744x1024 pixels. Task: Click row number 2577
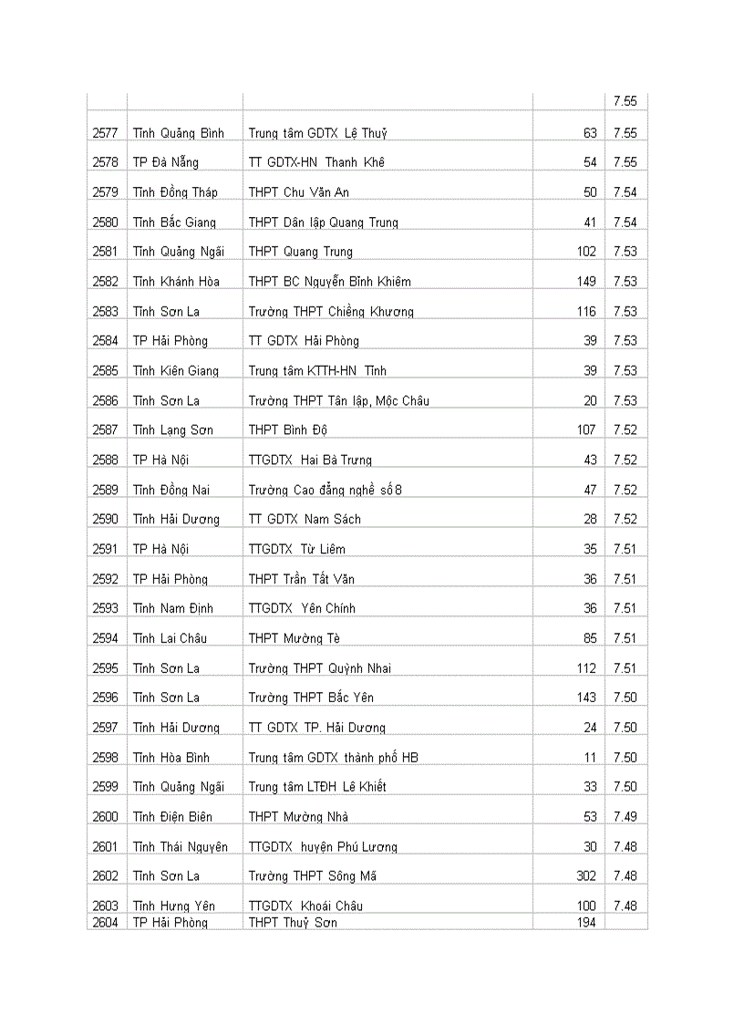coord(106,133)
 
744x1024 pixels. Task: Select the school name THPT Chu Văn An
coord(298,192)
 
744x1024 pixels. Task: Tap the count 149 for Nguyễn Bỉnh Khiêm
coord(585,282)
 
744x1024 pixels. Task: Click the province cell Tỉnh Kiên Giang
coord(176,371)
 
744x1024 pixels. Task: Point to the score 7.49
coord(625,817)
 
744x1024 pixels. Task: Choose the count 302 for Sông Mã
coord(585,876)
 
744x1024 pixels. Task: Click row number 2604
coord(106,923)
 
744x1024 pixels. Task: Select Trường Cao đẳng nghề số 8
coord(325,491)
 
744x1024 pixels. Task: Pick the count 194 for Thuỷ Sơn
coord(585,923)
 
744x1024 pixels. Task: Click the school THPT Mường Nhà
coord(298,817)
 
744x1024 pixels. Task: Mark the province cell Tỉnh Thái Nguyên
coord(181,847)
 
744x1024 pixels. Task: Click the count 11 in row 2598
coord(590,758)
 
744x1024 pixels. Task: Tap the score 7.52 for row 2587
coord(625,430)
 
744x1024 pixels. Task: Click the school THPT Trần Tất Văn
coord(302,579)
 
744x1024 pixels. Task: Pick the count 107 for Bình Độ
coord(585,430)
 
